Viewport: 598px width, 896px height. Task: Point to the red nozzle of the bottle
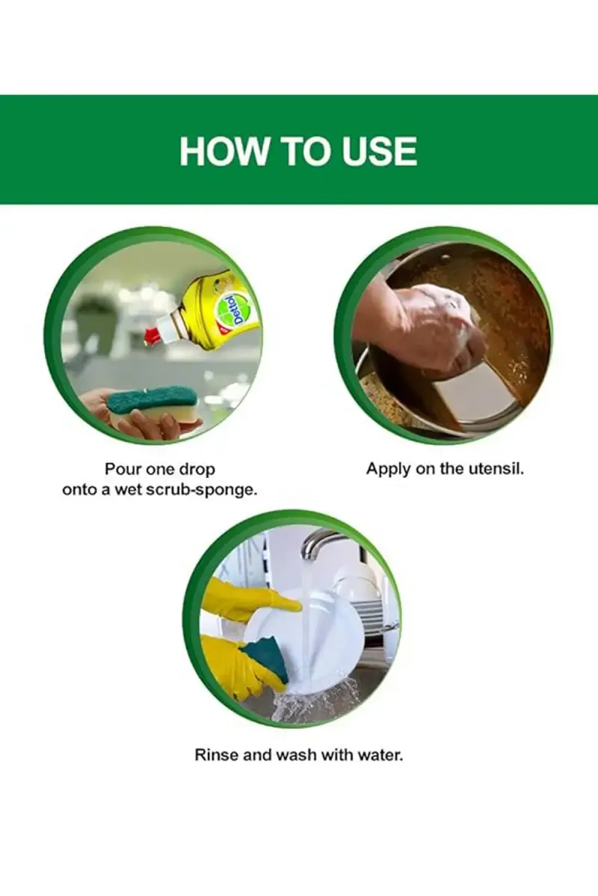(151, 335)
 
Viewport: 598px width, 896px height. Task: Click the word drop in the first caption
(197, 470)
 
